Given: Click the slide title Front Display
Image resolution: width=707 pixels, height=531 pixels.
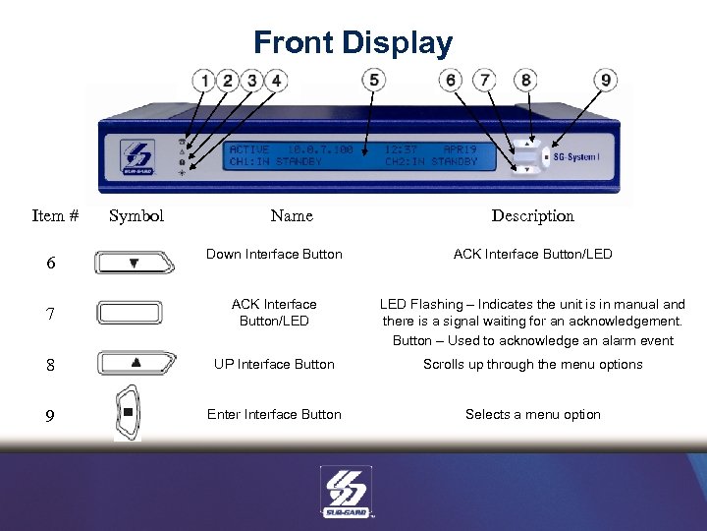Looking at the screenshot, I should click(x=353, y=43).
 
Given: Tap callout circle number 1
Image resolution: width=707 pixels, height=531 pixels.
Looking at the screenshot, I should click(x=204, y=81).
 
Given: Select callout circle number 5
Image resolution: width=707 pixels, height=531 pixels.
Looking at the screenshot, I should click(x=373, y=80).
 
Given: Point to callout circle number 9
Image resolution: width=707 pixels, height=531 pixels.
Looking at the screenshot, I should click(x=606, y=81).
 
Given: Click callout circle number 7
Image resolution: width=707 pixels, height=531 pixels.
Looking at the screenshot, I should click(x=484, y=80).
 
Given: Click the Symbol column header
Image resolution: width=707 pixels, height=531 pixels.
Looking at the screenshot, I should click(x=136, y=215).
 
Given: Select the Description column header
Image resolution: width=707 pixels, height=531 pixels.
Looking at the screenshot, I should click(x=532, y=215).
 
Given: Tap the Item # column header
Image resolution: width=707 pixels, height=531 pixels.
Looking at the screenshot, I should click(x=55, y=215).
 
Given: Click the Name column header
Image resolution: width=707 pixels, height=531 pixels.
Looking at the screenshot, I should click(x=292, y=215).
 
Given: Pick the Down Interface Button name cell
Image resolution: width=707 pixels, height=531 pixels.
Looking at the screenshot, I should click(x=274, y=255).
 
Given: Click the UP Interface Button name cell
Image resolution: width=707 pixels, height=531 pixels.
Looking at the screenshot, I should click(x=274, y=364).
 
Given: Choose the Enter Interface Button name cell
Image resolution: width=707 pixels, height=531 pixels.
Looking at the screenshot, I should click(x=274, y=414).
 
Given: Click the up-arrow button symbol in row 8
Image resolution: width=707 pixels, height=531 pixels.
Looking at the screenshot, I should click(x=136, y=363).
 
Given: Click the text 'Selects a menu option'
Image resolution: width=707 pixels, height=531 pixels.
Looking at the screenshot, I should click(x=532, y=414).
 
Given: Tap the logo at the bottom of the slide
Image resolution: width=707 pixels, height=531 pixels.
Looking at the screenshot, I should click(x=345, y=491).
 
